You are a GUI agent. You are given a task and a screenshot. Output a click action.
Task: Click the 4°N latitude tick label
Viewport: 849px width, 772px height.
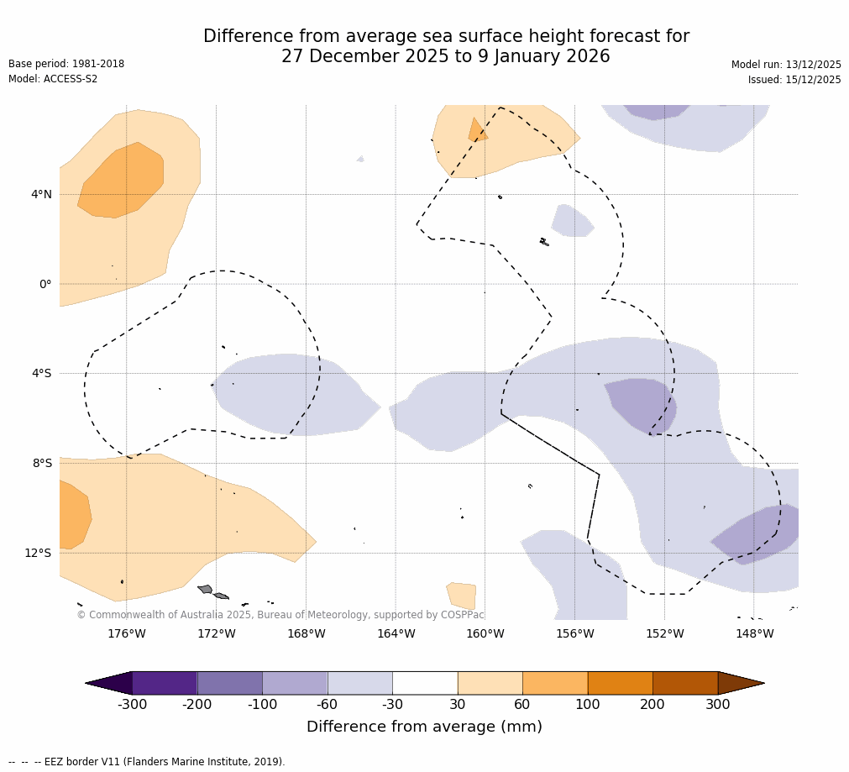[x=41, y=195]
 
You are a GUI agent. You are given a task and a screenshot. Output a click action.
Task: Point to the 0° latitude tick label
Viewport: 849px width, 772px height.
[x=45, y=285]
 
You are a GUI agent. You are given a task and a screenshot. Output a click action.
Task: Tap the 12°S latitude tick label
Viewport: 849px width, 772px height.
[x=38, y=553]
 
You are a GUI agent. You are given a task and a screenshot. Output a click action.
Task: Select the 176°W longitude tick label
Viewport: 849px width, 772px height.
[x=127, y=634]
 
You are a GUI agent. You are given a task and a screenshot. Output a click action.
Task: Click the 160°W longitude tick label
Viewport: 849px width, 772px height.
[x=485, y=634]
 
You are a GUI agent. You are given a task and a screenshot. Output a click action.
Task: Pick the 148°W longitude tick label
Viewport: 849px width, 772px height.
[x=754, y=634]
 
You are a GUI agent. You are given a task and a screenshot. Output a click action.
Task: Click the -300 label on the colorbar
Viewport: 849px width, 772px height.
[x=132, y=705]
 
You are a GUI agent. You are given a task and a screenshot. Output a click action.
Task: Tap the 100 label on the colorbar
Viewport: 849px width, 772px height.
[x=588, y=705]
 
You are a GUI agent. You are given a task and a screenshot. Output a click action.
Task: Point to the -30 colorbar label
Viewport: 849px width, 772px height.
[x=392, y=705]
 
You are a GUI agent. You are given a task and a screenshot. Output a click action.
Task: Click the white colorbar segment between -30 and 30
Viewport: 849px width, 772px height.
[x=425, y=683]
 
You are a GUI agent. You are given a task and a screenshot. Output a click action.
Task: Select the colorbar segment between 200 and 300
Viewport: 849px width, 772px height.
[x=685, y=683]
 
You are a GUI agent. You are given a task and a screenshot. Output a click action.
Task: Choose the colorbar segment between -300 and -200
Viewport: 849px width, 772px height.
[x=165, y=683]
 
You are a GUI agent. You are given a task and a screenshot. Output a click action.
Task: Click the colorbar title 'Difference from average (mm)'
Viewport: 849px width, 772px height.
[x=424, y=727]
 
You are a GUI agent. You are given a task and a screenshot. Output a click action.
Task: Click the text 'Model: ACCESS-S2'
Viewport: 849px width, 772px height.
[x=53, y=79]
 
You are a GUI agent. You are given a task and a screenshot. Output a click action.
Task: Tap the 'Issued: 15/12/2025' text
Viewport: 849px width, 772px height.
[x=794, y=80]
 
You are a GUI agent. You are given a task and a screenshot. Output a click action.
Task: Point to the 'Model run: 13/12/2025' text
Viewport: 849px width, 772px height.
[x=786, y=65]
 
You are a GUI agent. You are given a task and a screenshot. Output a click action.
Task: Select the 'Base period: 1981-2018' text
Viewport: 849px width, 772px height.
[x=66, y=64]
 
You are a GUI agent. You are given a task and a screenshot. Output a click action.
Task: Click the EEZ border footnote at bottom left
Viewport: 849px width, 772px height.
[x=147, y=762]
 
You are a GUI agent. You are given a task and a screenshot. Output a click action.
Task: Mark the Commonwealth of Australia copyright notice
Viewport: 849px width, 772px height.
[x=280, y=615]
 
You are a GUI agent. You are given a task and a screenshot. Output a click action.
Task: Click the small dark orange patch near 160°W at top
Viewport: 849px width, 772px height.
[x=476, y=132]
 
